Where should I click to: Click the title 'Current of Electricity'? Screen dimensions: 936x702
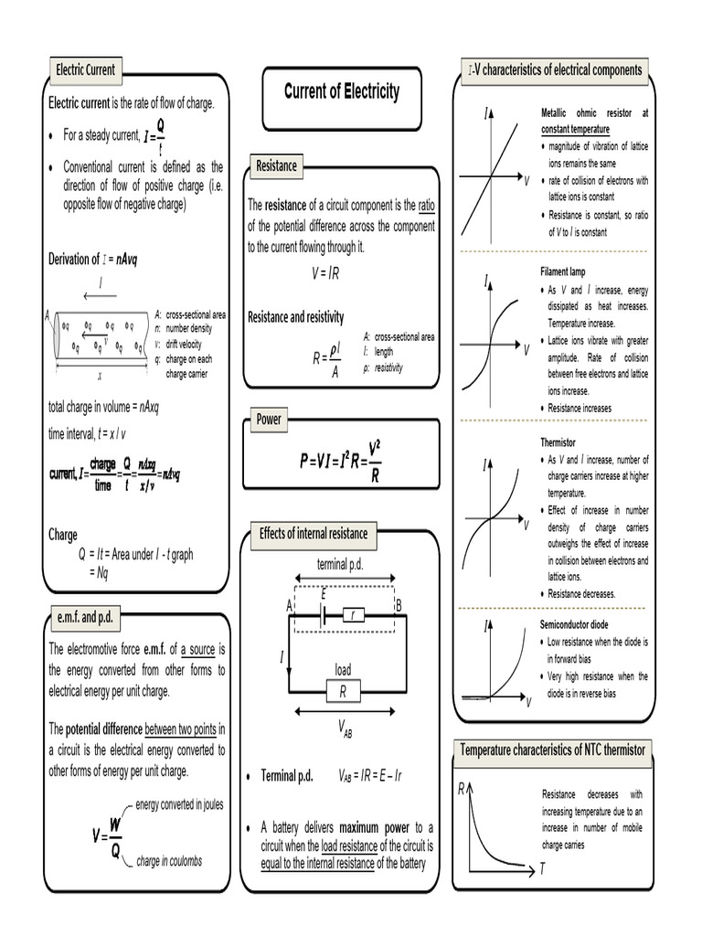coord(341,91)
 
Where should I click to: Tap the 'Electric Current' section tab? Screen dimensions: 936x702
coord(83,69)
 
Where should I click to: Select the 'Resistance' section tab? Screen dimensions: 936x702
coord(276,165)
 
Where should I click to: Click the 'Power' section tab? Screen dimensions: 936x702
coord(269,420)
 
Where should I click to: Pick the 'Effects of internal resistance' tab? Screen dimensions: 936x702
coord(314,533)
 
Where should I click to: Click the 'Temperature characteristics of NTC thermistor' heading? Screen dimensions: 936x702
coord(553,750)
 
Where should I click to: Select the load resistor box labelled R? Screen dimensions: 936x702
coord(343,692)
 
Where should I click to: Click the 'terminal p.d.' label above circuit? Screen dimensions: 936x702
coord(340,564)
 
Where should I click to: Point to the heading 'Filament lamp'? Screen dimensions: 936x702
coord(564,272)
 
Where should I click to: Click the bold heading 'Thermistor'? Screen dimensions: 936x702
coord(560,441)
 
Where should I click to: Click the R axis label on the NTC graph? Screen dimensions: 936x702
coord(462,788)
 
